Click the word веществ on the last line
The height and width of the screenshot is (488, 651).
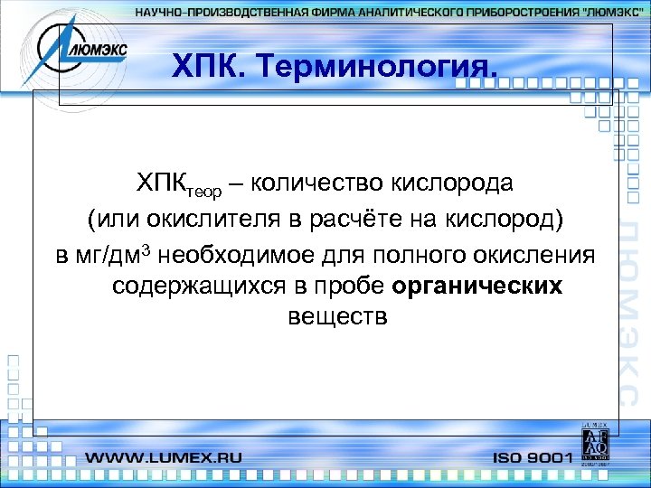tap(336, 318)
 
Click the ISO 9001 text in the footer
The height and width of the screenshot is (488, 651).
tap(533, 458)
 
